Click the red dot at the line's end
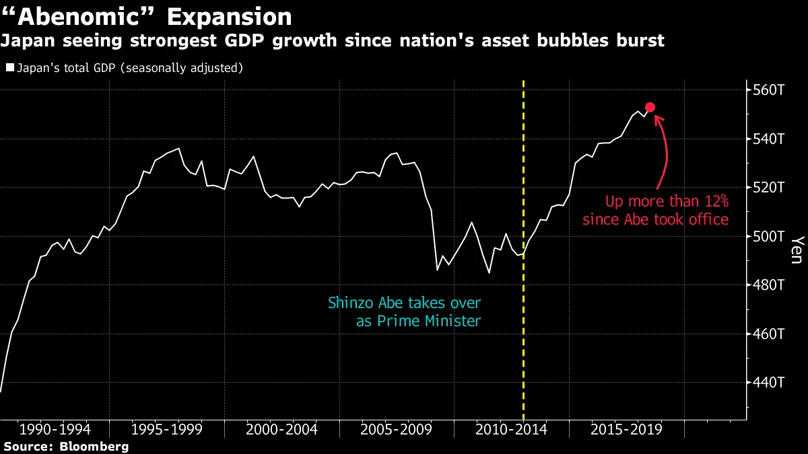coord(650,108)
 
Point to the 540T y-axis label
coord(768,139)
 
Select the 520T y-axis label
coord(768,188)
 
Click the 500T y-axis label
coord(768,237)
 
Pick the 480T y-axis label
coord(768,285)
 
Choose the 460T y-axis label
coord(768,334)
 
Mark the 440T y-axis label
coord(768,382)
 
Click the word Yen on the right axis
coord(797,250)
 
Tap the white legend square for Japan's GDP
coord(9,68)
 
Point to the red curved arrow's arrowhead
coord(658,118)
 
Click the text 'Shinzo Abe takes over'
coord(404,303)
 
